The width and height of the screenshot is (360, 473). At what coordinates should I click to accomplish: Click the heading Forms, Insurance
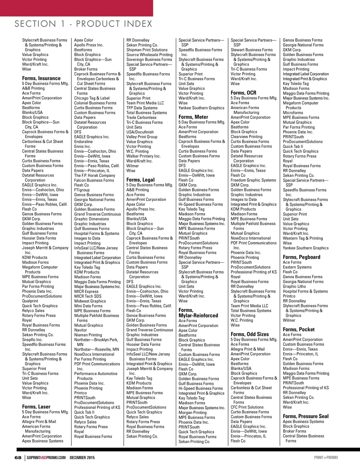(41, 78)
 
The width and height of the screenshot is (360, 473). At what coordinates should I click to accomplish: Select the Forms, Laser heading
(36, 407)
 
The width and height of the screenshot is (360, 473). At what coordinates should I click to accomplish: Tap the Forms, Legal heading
(140, 180)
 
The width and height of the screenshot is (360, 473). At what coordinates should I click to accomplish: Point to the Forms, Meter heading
(193, 117)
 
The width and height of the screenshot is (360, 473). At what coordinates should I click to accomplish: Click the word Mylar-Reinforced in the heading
(198, 315)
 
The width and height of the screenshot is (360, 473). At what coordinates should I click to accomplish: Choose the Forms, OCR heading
(243, 93)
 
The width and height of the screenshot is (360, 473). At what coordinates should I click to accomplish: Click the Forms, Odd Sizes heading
(250, 334)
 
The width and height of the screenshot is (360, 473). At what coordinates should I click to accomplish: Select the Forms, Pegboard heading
(301, 257)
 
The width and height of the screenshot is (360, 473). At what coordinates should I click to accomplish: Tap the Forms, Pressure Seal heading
(306, 416)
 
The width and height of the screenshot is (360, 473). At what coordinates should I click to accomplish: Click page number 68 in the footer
(18, 458)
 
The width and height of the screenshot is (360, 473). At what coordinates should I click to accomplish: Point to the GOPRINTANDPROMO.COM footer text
(46, 458)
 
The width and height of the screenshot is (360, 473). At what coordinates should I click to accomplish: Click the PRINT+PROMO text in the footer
(326, 458)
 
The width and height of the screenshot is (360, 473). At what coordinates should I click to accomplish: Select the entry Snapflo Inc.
(32, 340)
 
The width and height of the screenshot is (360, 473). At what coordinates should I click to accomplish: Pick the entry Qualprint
(30, 301)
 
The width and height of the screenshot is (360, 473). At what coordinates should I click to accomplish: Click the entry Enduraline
(83, 142)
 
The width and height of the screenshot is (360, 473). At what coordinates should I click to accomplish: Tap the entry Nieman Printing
(88, 335)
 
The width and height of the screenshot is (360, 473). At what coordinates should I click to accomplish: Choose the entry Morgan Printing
(192, 413)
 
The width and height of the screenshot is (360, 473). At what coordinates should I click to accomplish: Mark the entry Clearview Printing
(246, 137)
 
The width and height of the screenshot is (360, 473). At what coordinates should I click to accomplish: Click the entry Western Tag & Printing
(303, 238)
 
